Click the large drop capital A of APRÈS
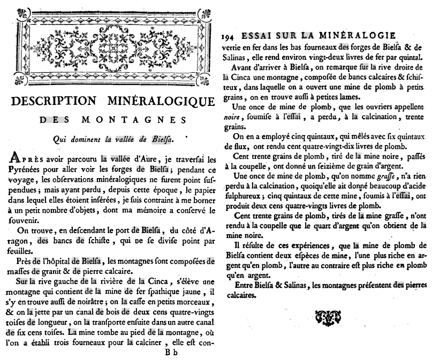[16, 159]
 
